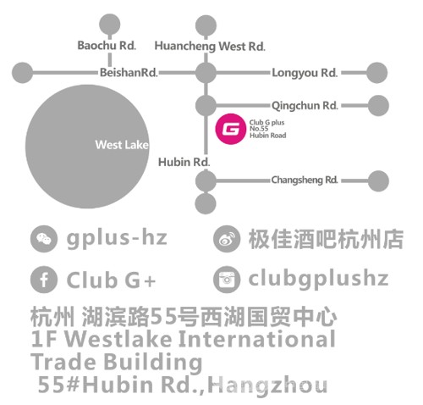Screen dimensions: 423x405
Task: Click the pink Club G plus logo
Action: coord(230,129)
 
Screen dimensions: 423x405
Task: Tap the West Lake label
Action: coord(122,145)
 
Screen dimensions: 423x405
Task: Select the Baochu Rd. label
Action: coord(107,46)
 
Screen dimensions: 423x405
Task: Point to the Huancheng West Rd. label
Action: coord(210,47)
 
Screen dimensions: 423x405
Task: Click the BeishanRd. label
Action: coord(129,73)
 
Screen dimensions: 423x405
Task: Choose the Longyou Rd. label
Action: coord(305,73)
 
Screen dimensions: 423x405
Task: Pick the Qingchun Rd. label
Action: coord(305,106)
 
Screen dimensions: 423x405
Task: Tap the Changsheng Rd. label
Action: coord(305,180)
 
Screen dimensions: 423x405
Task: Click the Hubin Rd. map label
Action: coord(184,162)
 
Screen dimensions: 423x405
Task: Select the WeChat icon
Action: coord(44,239)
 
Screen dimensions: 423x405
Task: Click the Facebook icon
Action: coord(44,280)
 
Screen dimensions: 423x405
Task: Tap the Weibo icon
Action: coord(227,239)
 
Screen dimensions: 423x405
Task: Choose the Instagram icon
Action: coord(227,280)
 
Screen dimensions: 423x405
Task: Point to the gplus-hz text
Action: coord(117,239)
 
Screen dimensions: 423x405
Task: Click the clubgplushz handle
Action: coord(318,279)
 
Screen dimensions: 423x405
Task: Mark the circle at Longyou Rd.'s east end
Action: coord(376,73)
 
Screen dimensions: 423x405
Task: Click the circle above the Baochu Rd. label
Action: coord(110,25)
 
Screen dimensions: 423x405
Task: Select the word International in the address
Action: coord(257,339)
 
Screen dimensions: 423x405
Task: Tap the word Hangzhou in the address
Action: coord(267,385)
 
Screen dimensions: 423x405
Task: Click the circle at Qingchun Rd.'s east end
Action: coord(378,106)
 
